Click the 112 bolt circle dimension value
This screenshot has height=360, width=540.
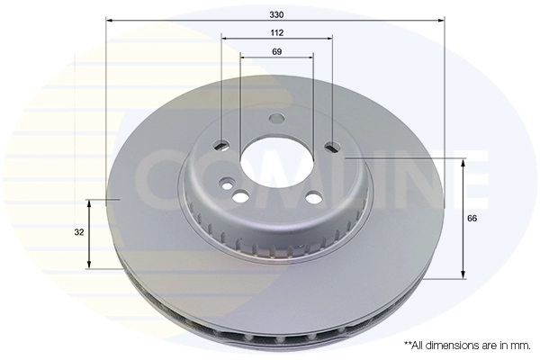(x=276, y=32)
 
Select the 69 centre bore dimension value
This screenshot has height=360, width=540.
(x=276, y=52)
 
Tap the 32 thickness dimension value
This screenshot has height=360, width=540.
(x=80, y=232)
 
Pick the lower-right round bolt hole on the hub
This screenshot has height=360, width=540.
(x=312, y=199)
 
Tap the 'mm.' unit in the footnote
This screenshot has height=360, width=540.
(x=519, y=345)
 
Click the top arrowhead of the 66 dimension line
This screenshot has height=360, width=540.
(x=463, y=163)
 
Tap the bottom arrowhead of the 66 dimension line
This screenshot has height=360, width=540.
(x=463, y=274)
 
